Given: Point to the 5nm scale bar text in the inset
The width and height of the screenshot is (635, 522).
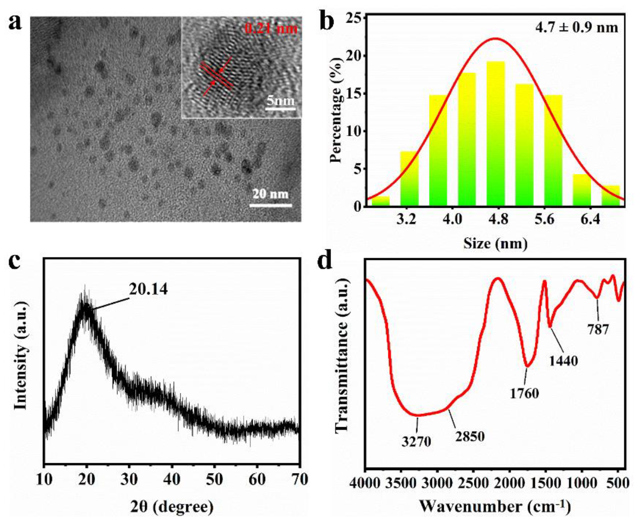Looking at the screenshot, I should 280,100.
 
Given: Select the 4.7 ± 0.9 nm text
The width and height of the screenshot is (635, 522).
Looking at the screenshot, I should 576,28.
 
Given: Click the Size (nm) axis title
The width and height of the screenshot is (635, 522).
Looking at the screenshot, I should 495,243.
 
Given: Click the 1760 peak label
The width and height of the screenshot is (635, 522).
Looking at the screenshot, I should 524,393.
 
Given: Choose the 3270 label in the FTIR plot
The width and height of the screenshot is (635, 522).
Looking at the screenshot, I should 416,441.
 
